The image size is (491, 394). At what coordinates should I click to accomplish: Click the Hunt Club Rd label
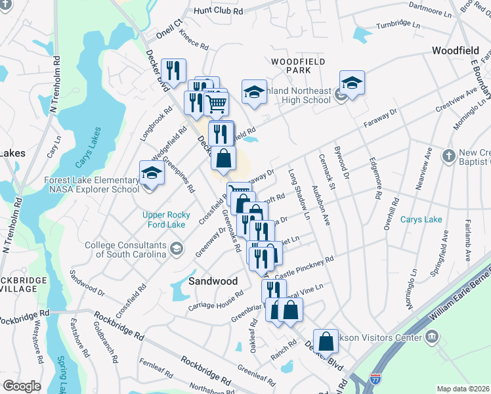click(219, 11)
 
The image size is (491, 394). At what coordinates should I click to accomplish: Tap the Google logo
click(22, 386)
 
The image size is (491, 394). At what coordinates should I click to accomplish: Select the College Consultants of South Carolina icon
click(176, 248)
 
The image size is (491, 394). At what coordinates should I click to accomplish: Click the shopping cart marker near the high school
click(216, 102)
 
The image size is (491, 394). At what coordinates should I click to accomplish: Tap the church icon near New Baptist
click(448, 156)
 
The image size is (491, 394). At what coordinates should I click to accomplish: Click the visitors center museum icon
click(432, 338)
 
